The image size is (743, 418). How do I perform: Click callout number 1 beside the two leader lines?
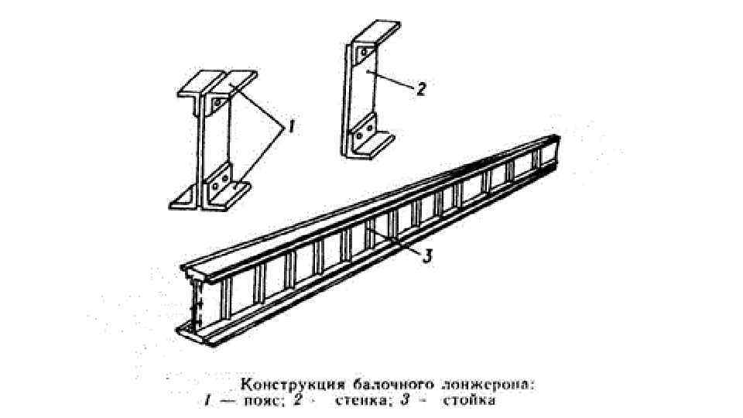291,128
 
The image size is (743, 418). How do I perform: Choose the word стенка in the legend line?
362,401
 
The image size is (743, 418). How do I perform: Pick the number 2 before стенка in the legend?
314,401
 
